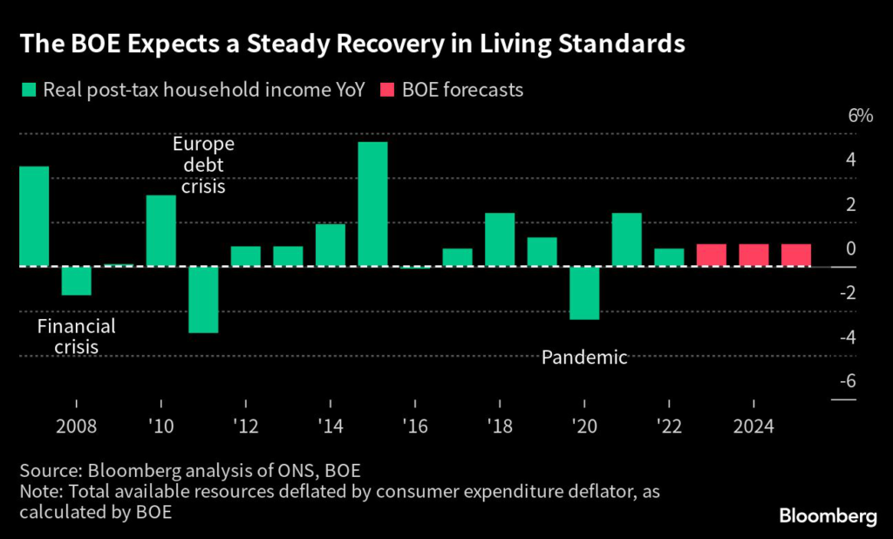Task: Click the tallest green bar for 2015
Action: pyautogui.click(x=372, y=204)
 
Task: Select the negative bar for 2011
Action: pyautogui.click(x=203, y=299)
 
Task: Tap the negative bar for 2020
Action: pyautogui.click(x=584, y=293)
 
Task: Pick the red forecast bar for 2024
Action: pyautogui.click(x=753, y=255)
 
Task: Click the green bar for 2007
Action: pyautogui.click(x=34, y=216)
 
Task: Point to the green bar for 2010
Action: pyautogui.click(x=160, y=230)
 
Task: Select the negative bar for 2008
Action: pyautogui.click(x=77, y=281)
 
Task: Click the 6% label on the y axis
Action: pyautogui.click(x=859, y=117)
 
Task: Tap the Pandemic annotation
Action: pyautogui.click(x=584, y=358)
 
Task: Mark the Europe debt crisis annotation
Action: pyautogui.click(x=203, y=165)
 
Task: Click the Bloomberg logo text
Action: pyautogui.click(x=828, y=517)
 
